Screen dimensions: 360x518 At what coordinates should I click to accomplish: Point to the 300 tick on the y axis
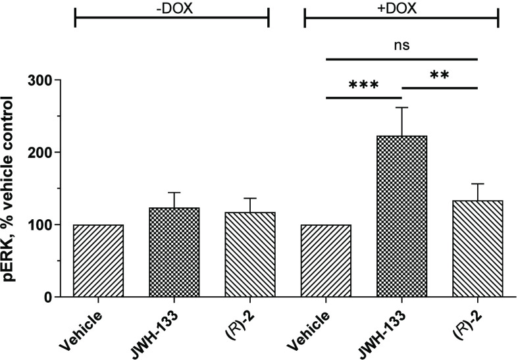[44, 80]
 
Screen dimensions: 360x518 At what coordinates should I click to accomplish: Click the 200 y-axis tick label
[44, 153]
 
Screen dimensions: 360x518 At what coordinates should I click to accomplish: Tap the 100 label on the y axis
[44, 225]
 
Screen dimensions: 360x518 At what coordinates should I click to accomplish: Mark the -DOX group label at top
[172, 9]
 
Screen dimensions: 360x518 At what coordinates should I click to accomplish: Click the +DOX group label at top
[401, 9]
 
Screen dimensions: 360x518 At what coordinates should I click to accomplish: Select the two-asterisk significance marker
[439, 77]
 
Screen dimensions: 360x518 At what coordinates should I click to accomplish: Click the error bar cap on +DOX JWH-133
[401, 107]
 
